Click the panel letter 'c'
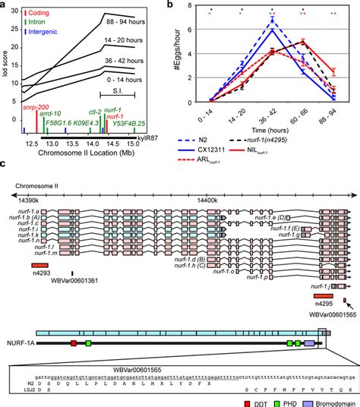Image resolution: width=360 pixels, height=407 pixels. coord(5,162)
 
